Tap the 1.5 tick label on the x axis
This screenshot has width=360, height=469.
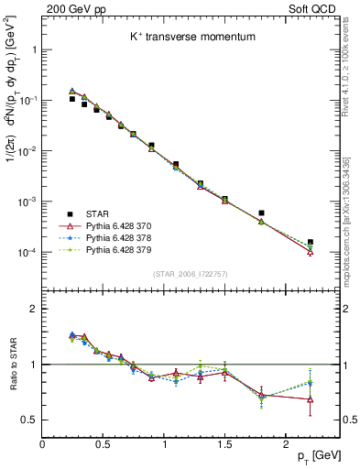point(225,442)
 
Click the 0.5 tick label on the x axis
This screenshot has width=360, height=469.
point(104,442)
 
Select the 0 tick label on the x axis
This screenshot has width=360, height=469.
point(43,442)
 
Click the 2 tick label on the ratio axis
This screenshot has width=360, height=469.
point(34,309)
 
